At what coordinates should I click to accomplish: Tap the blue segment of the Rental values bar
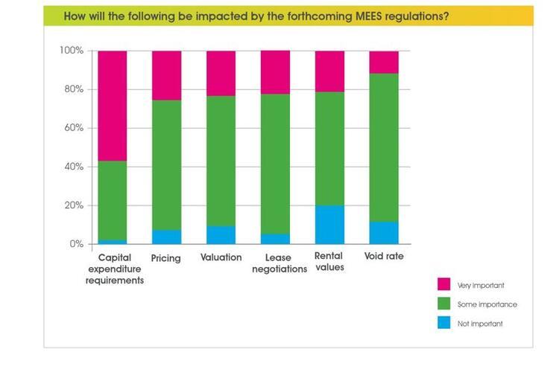coord(329,224)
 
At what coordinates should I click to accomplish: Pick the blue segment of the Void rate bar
coord(384,232)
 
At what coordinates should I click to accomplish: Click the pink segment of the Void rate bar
coord(384,62)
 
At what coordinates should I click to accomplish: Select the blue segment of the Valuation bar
coord(221,234)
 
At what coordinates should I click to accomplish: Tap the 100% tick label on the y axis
coord(72,51)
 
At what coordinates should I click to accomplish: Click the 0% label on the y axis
coord(77,244)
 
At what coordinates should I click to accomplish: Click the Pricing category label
coord(166,257)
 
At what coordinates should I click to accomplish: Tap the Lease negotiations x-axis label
coord(275,263)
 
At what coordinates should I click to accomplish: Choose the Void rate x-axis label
coord(384,257)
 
